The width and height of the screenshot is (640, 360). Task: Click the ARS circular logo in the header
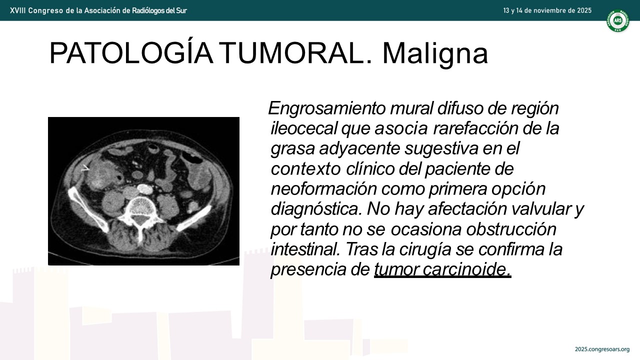point(618,20)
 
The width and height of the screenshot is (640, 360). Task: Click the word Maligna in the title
point(435,53)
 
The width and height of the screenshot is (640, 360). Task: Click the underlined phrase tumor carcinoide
point(442,269)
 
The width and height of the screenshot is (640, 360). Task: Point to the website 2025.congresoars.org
point(602,349)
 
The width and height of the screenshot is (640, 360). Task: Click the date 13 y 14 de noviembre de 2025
point(547,10)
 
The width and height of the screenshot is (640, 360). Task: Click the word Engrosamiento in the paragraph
point(327,108)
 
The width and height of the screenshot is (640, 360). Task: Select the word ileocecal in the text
point(304,128)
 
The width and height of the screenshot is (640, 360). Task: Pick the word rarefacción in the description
point(475,128)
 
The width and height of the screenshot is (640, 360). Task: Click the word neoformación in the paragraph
point(324,188)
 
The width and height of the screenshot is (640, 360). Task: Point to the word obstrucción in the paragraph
point(511,229)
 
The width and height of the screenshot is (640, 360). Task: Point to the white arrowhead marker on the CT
point(85,168)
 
